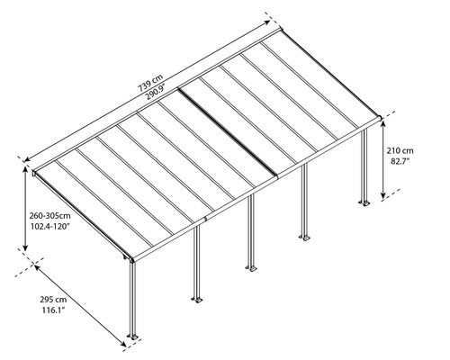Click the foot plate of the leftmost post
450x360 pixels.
click(x=133, y=337)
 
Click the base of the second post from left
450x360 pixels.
click(x=193, y=297)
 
